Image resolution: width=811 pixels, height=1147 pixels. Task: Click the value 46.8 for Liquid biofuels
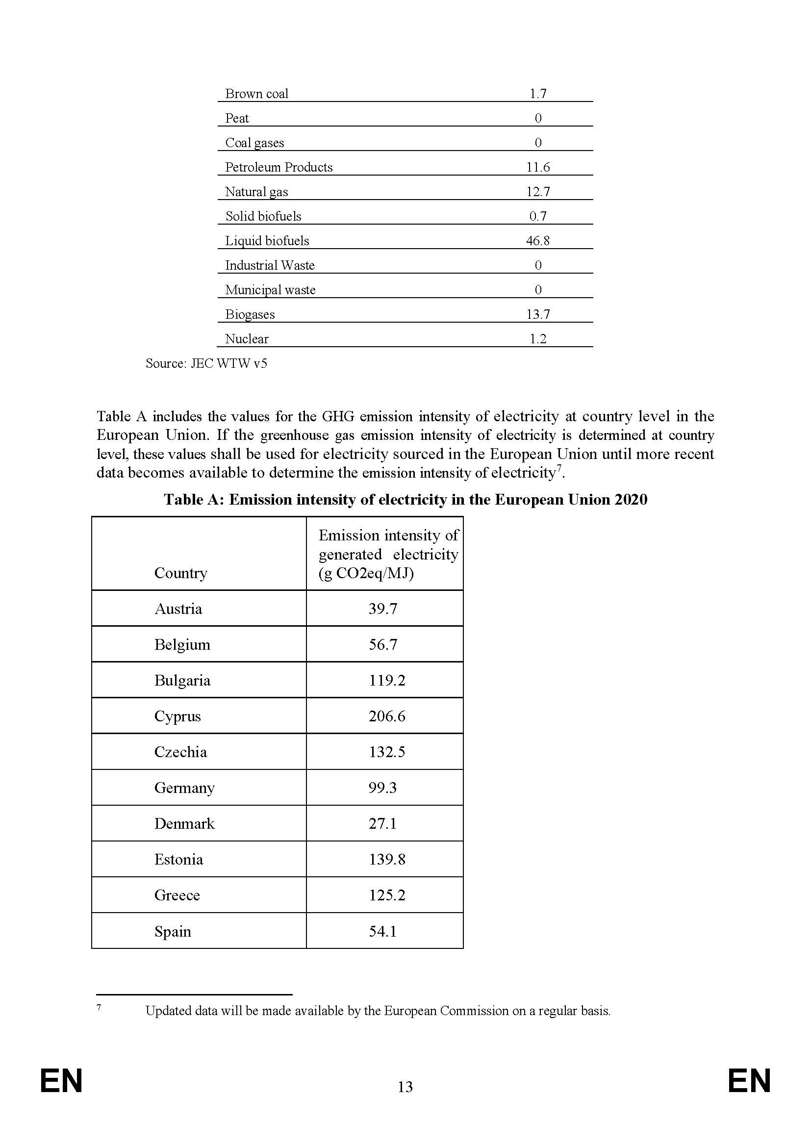(x=538, y=241)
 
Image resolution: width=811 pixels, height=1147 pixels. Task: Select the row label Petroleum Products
(x=279, y=167)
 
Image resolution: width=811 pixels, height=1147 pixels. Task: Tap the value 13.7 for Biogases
(x=538, y=314)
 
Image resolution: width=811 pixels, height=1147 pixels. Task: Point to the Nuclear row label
(x=247, y=339)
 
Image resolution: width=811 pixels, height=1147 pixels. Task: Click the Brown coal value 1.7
(x=538, y=94)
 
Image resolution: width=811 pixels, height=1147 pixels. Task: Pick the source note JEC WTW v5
(x=206, y=363)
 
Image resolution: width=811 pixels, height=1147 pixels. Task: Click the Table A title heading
(x=405, y=500)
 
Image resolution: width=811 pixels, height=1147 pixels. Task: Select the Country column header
(x=181, y=572)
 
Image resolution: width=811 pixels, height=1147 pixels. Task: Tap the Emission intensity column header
(x=388, y=554)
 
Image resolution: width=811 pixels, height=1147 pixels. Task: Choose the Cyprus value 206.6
(x=387, y=716)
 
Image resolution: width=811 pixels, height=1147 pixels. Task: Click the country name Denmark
(x=184, y=823)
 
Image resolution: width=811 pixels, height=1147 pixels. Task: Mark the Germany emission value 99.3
(x=382, y=788)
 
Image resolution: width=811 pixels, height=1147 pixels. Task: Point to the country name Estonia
(x=179, y=859)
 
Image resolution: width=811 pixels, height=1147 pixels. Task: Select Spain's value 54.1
(x=382, y=931)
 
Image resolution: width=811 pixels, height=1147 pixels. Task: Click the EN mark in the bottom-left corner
(x=61, y=1081)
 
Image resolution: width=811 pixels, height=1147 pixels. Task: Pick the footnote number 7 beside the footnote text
(x=99, y=1008)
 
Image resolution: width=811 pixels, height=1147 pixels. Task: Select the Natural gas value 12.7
(x=538, y=192)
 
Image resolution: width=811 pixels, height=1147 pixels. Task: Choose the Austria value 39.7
(x=382, y=609)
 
